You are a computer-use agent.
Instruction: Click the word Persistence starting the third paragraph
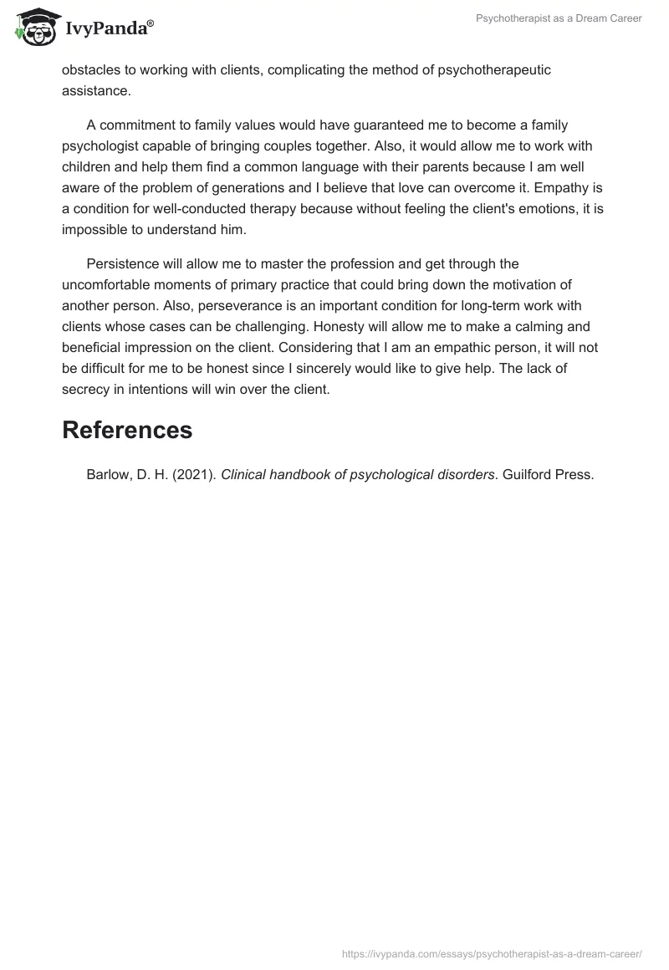123,264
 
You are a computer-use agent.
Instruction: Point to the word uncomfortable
112,284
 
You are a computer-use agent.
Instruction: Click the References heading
127,430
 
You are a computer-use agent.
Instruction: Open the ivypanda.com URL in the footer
492,953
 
